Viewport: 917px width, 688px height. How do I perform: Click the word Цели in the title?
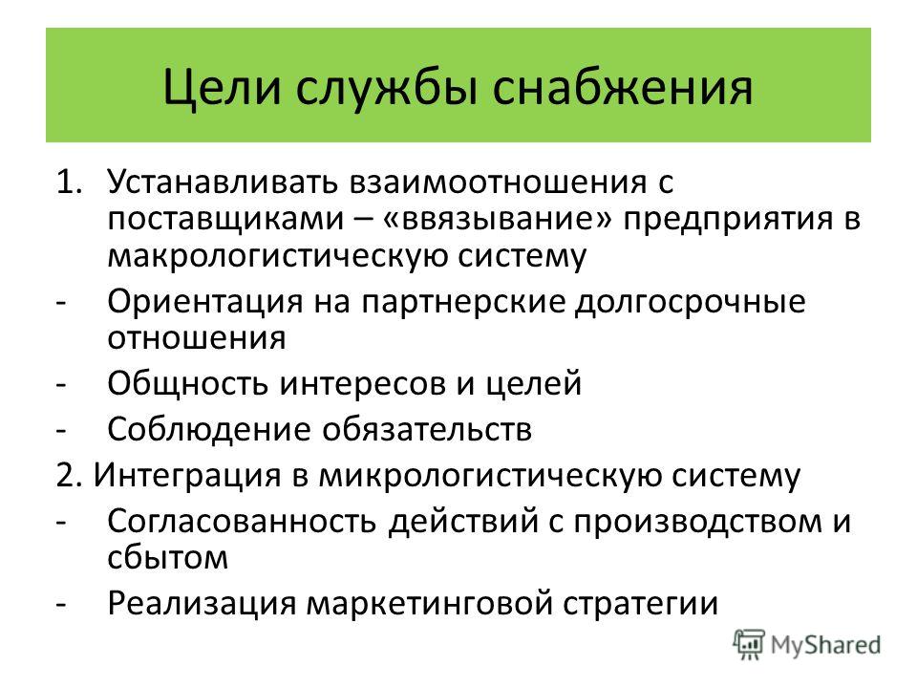pyautogui.click(x=222, y=88)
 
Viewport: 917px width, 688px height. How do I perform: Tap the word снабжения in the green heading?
pyautogui.click(x=622, y=88)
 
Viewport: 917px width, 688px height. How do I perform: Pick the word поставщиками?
pyautogui.click(x=225, y=220)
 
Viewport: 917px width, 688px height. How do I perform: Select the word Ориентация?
pyautogui.click(x=205, y=303)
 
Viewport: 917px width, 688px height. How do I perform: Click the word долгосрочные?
pyautogui.click(x=690, y=303)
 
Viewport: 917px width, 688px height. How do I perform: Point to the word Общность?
pyautogui.click(x=186, y=384)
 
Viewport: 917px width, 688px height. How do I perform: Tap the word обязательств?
pyautogui.click(x=428, y=429)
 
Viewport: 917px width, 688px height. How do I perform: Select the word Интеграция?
pyautogui.click(x=188, y=475)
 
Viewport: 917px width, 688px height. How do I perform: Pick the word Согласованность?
pyautogui.click(x=242, y=521)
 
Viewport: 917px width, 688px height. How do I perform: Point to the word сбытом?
pyautogui.click(x=168, y=556)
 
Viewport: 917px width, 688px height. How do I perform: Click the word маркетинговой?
pyautogui.click(x=429, y=603)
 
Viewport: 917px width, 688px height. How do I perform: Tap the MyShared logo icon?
pyautogui.click(x=749, y=645)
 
